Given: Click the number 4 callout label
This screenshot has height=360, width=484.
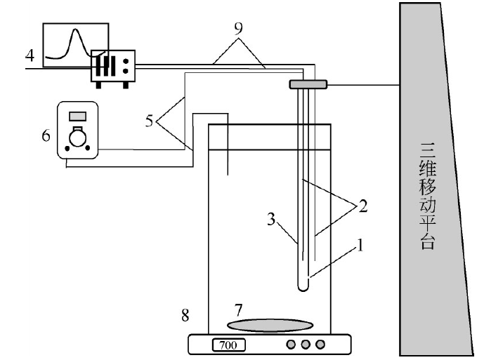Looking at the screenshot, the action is click(x=30, y=55).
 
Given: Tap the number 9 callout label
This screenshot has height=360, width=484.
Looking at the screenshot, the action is click(x=238, y=28).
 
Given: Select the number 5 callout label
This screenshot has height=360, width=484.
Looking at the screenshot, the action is click(x=149, y=121).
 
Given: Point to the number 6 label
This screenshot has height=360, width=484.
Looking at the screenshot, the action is click(x=46, y=135).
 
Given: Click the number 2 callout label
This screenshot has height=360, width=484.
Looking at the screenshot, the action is click(x=363, y=206).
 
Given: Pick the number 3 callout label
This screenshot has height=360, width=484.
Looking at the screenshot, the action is click(x=271, y=220).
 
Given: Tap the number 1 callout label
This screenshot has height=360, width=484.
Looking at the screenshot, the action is click(x=360, y=246).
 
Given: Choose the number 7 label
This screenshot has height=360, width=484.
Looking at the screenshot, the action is click(x=238, y=310).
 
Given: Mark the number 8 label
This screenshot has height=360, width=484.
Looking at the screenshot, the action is click(x=185, y=315).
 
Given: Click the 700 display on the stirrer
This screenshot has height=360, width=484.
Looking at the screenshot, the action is click(x=229, y=345).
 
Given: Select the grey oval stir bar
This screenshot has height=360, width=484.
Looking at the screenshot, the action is click(x=270, y=326).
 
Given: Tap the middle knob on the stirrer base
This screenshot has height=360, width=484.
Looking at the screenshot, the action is click(x=306, y=344).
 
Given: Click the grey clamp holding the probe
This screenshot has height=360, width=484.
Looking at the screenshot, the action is click(x=308, y=84).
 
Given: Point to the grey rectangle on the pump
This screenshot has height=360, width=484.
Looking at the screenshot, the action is click(x=77, y=116).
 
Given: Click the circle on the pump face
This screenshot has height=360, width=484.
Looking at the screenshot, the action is click(x=77, y=138).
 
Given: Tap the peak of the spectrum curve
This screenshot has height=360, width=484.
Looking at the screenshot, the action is click(x=75, y=29).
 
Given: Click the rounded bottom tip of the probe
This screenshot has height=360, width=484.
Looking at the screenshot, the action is click(x=303, y=288).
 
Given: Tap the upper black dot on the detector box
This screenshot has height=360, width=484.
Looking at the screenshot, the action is click(x=126, y=61).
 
